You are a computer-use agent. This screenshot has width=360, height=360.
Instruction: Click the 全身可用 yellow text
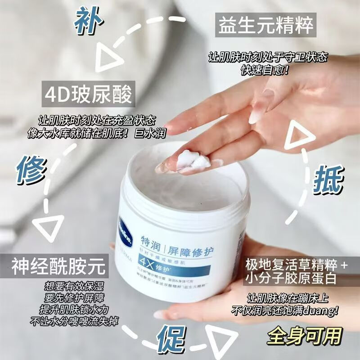tap(304, 336)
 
